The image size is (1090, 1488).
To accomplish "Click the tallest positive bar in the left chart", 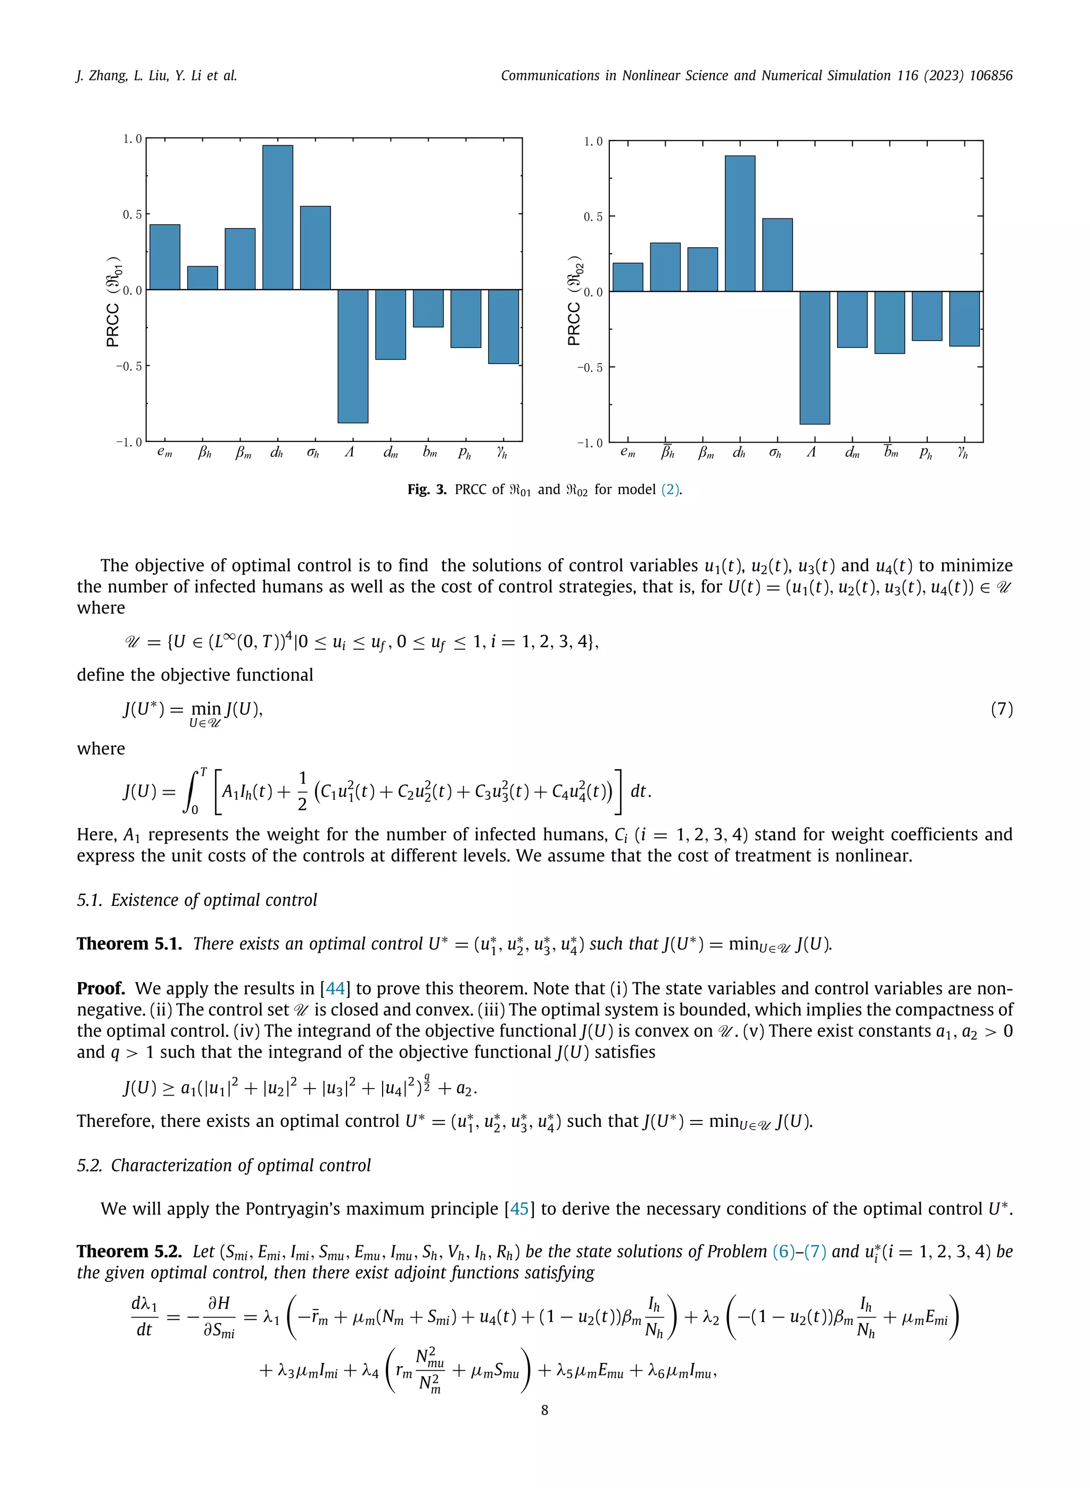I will point(278,217).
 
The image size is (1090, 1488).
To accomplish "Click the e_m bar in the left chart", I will point(165,257).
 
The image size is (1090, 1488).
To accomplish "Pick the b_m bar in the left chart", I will point(428,308).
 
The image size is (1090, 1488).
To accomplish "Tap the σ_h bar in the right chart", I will point(777,255).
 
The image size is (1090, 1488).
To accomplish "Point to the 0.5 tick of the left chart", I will point(133,215).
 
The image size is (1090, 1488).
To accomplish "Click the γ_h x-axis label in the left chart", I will point(502,453).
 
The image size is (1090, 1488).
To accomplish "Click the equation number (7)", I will point(1001,709).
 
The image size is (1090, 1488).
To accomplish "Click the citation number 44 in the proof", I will point(335,988).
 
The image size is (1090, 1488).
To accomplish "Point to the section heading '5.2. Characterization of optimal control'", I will point(224,1165).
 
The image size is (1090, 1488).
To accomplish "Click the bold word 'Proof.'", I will point(101,988).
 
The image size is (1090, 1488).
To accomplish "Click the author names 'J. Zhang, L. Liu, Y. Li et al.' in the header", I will point(156,76).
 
